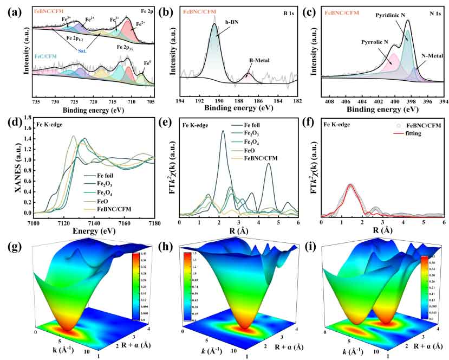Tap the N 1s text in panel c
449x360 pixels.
pos(433,10)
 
